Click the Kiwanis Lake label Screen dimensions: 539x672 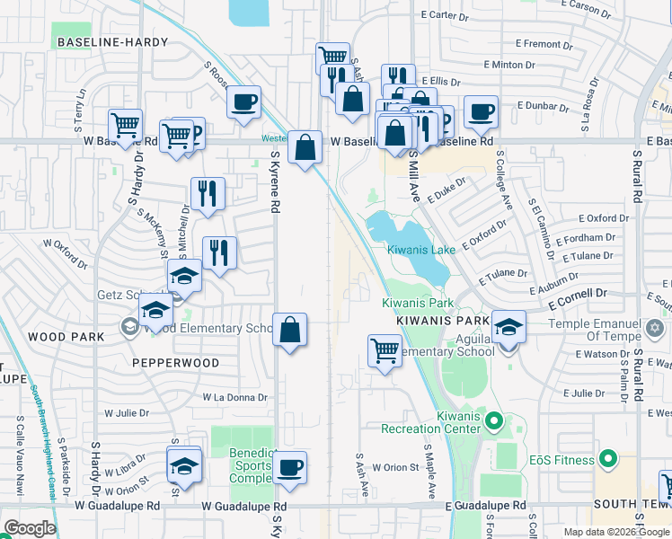click(421, 250)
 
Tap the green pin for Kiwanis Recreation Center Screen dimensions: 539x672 click(492, 419)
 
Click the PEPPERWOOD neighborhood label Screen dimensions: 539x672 click(176, 363)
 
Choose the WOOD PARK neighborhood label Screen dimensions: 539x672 click(66, 336)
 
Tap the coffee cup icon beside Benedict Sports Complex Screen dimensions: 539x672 click(289, 467)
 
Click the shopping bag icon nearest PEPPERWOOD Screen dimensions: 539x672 click(289, 330)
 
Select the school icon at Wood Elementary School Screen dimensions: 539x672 click(155, 310)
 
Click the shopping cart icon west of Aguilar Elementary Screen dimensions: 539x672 click(385, 349)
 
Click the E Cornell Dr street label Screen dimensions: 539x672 click(579, 294)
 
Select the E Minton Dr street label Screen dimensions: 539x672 click(508, 65)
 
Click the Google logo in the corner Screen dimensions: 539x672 click(30, 528)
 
